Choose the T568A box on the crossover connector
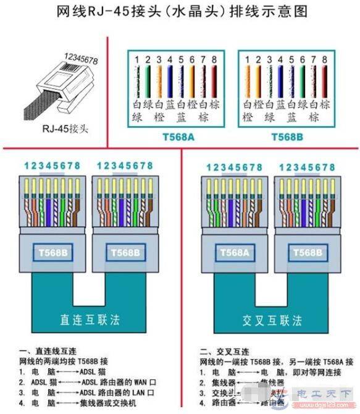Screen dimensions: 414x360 click(x=233, y=252)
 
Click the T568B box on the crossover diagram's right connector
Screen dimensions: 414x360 click(x=306, y=252)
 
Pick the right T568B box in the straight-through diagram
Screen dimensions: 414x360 click(x=124, y=252)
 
